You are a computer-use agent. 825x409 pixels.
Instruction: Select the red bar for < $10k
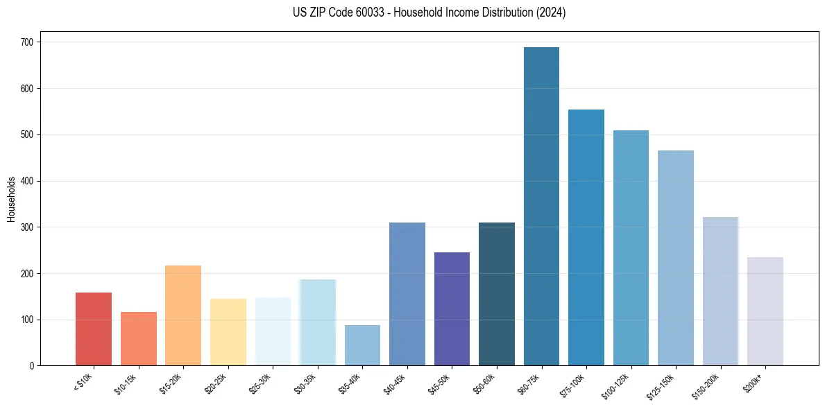coord(94,329)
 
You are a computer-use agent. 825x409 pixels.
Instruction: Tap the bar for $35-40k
coord(362,345)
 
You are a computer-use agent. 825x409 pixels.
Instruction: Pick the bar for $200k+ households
coord(765,311)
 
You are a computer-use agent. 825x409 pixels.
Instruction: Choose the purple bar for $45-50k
coord(452,309)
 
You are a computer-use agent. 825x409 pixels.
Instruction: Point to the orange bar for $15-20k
coord(183,315)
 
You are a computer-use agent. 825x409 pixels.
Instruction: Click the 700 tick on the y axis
coord(31,42)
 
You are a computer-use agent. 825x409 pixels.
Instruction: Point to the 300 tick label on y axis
coord(31,227)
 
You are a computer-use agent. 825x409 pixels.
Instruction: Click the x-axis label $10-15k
coord(125,383)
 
